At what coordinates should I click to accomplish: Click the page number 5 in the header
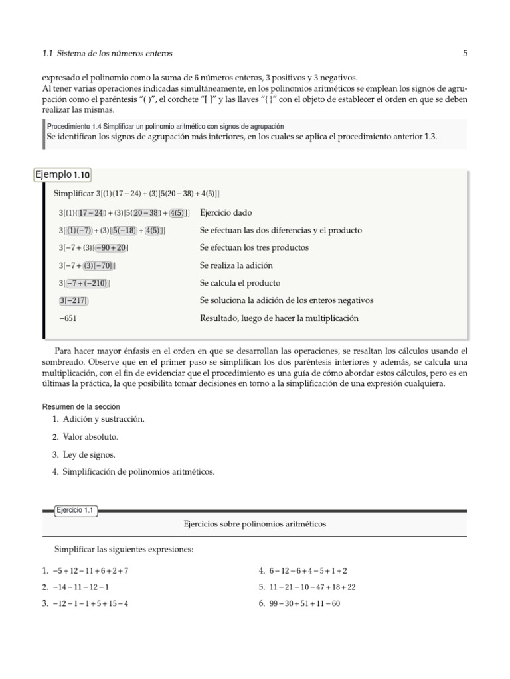(465, 53)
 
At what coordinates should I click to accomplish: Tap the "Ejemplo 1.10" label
(63, 175)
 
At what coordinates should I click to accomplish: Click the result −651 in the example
(69, 318)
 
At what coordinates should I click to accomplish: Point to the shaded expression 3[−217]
(73, 301)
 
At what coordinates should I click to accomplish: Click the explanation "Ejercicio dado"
(226, 213)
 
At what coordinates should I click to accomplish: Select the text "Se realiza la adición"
(236, 265)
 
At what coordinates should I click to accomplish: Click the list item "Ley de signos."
(89, 455)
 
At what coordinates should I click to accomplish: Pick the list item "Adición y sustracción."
(103, 420)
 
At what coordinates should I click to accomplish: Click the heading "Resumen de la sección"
(81, 406)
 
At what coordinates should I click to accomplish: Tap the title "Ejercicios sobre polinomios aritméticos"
(254, 524)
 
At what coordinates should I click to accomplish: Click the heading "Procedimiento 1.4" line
(165, 126)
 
